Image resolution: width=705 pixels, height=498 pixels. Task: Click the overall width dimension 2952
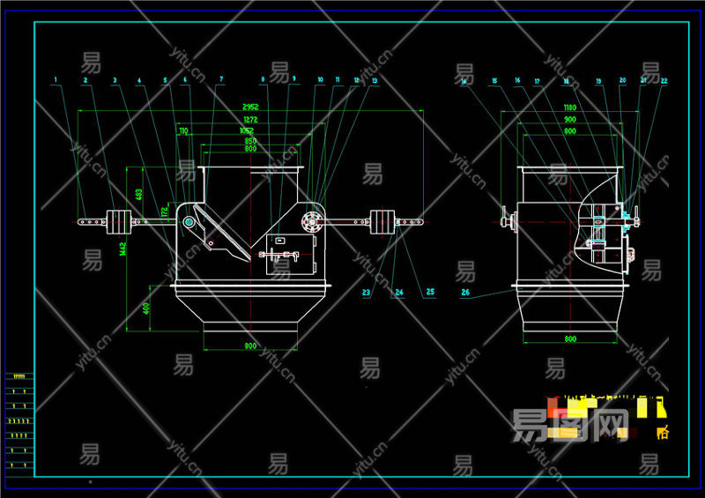point(250,107)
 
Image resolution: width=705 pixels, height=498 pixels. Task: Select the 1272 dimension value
point(250,119)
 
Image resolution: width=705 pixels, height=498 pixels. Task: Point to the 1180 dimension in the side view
point(570,107)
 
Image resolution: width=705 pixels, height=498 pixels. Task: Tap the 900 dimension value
point(570,119)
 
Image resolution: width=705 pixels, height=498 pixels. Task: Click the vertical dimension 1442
point(125,251)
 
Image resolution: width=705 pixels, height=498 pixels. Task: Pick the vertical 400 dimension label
point(147,308)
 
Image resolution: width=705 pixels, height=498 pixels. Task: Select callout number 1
point(56,80)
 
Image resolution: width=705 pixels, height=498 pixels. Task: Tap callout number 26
point(464,292)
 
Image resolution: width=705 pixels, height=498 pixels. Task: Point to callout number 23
point(367,292)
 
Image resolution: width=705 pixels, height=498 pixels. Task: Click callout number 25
point(430,292)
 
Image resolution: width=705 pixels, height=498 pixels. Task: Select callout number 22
point(664,81)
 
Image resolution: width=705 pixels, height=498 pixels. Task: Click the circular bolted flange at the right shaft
point(310,220)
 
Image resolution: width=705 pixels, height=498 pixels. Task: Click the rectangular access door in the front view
point(291,254)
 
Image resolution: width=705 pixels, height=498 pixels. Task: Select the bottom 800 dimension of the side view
point(570,339)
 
